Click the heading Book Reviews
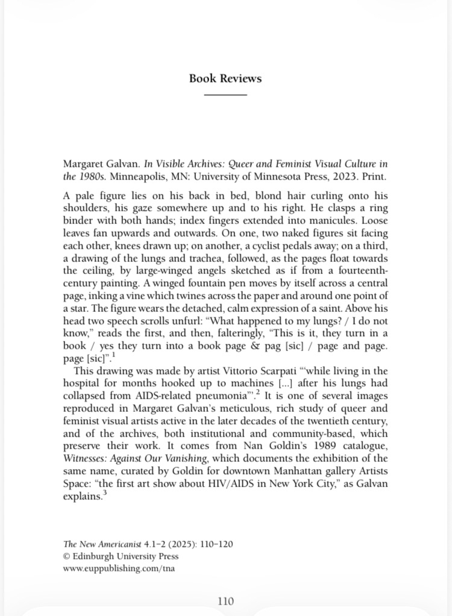pyautogui.click(x=225, y=78)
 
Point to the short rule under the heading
pyautogui.click(x=225, y=95)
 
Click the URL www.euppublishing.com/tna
pyautogui.click(x=119, y=567)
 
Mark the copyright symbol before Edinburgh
pyautogui.click(x=66, y=556)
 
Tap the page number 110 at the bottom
pyautogui.click(x=225, y=600)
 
